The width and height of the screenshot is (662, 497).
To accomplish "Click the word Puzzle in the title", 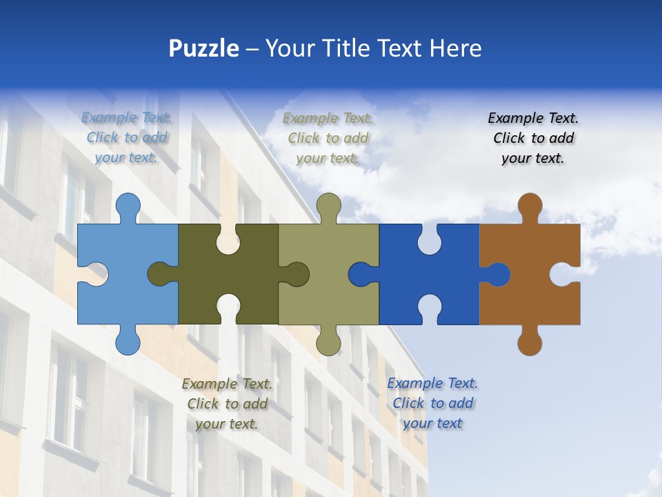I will [204, 48].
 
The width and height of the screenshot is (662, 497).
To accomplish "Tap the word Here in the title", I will [455, 48].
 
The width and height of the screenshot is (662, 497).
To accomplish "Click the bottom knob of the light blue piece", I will [128, 341].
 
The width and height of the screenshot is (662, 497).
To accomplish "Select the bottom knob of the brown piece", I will [530, 341].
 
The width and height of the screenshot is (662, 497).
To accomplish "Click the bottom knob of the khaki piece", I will [329, 341].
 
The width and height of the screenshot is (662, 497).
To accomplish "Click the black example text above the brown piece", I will [533, 138].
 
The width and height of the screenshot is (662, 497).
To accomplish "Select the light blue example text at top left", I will [127, 138].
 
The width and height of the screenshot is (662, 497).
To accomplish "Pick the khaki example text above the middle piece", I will [328, 138].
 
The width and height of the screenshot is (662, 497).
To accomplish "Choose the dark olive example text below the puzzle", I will [227, 404].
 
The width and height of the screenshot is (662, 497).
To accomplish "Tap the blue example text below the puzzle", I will [432, 403].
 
